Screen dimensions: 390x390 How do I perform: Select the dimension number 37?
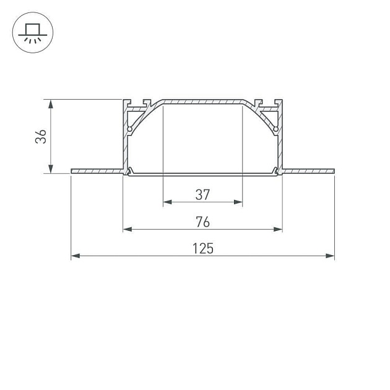point(202,194)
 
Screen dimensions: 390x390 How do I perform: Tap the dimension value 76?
point(202,222)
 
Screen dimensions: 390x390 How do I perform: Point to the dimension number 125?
point(202,249)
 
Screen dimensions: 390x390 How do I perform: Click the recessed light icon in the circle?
point(33,33)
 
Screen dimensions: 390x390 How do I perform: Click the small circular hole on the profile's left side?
point(131,129)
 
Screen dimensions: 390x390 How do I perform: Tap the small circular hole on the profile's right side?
point(275,129)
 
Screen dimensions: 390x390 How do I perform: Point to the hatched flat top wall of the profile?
point(202,100)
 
